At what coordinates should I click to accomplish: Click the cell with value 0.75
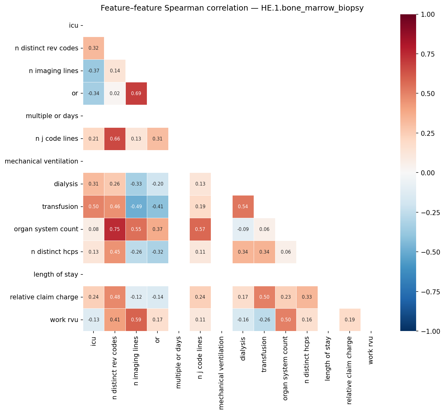point(115,229)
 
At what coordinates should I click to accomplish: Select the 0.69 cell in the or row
point(136,94)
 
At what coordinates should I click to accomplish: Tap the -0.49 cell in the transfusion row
point(136,207)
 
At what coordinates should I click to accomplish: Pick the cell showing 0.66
point(115,139)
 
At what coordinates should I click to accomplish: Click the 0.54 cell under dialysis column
point(243,207)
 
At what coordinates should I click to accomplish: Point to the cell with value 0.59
point(136,320)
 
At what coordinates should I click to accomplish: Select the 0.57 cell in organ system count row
point(200,229)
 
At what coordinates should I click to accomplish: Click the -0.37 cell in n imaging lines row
point(93,71)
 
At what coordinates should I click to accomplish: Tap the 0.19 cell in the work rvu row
point(350,320)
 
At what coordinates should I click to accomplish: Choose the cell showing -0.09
point(243,229)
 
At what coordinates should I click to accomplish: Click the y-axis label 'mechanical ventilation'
point(42,161)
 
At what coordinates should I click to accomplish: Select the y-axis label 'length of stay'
point(56,274)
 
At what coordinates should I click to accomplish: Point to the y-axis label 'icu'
point(74,25)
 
